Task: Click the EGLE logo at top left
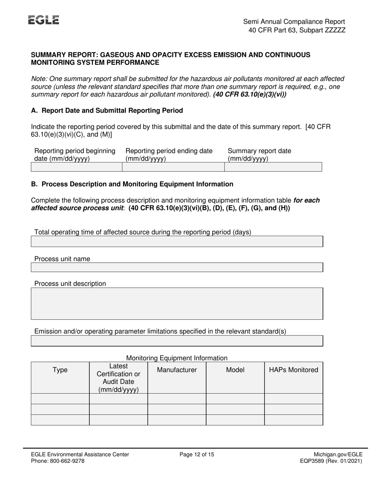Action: click(44, 20)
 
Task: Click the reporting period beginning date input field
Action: click(76, 167)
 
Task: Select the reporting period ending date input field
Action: click(173, 167)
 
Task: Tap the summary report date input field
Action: click(273, 167)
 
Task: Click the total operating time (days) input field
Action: click(177, 242)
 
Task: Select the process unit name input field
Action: click(177, 267)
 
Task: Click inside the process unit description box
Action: click(177, 303)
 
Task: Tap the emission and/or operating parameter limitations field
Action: click(177, 341)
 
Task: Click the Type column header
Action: click(60, 370)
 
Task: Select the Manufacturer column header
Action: click(177, 370)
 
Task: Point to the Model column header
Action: click(235, 370)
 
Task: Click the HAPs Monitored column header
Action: click(294, 370)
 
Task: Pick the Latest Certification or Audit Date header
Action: click(118, 378)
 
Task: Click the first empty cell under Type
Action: click(60, 399)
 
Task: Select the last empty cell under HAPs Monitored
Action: click(294, 420)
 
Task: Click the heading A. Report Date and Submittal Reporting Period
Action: click(107, 111)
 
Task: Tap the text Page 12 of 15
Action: click(197, 455)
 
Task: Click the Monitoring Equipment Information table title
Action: click(177, 358)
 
